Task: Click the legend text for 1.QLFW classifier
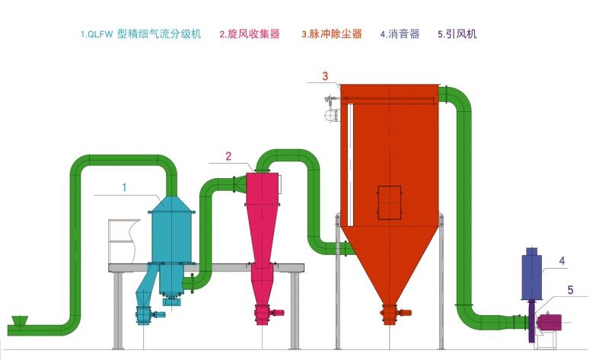[x=141, y=34]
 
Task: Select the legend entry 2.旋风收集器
[x=250, y=34]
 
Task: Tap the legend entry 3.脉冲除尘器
[x=331, y=34]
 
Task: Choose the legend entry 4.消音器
[x=400, y=34]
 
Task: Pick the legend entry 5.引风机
[x=457, y=34]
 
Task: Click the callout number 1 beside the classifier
[x=124, y=186]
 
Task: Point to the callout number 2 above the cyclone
[x=228, y=157]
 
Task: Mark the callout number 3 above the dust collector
[x=325, y=75]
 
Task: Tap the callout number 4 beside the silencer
[x=562, y=261]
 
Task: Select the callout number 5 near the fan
[x=570, y=289]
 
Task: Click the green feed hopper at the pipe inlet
[x=21, y=321]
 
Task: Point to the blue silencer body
[x=531, y=275]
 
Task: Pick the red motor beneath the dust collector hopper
[x=405, y=312]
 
